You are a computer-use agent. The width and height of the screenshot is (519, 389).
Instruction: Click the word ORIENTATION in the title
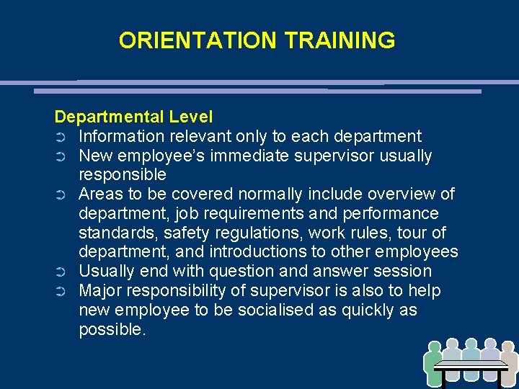[189, 40]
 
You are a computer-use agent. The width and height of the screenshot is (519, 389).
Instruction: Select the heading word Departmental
[108, 117]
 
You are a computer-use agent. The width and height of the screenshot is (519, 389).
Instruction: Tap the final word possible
[112, 330]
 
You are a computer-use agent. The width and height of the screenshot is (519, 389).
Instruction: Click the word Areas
[98, 194]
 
